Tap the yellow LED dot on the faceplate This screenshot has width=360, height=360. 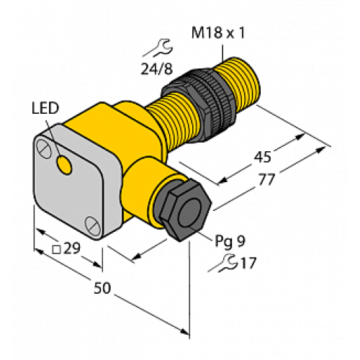[x=65, y=167]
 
